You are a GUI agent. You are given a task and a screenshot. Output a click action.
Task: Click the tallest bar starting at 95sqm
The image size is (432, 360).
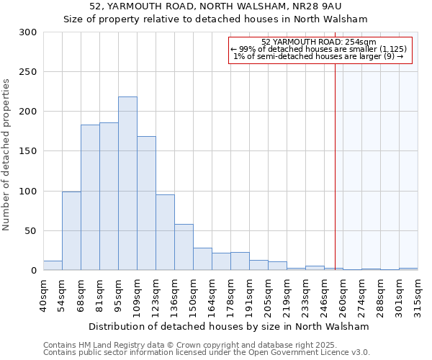pos(127,184)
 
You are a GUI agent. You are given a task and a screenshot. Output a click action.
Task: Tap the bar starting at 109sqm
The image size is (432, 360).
pos(146,203)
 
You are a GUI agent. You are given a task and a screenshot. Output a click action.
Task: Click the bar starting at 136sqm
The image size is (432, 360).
pos(184,247)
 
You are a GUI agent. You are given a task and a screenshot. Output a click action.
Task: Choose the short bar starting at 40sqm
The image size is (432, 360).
pos(53,266)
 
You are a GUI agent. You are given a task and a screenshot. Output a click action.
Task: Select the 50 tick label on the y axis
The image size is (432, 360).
pos(30,231)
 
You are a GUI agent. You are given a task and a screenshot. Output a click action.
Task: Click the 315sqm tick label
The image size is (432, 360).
pos(418,294)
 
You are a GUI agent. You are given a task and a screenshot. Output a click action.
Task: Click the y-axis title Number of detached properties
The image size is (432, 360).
pos(7,155)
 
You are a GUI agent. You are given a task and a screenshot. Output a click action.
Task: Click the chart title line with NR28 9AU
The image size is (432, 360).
pos(216,6)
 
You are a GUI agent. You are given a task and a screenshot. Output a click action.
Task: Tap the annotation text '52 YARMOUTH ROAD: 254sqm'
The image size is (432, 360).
pos(319,42)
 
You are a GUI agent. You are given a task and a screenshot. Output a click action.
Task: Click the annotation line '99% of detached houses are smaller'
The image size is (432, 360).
pos(319,49)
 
